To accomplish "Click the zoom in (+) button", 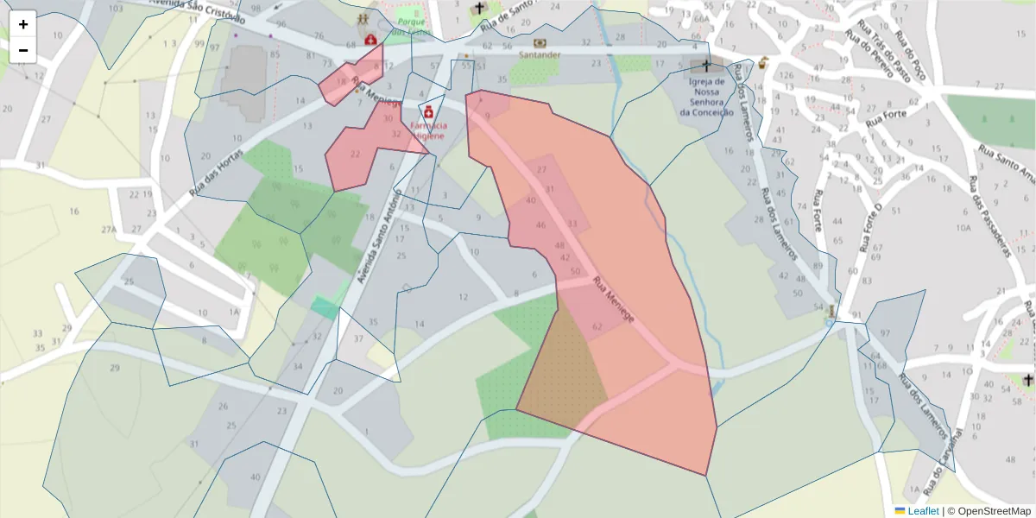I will click(22, 24).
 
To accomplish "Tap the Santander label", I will click(540, 55).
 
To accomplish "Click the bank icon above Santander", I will click(540, 42).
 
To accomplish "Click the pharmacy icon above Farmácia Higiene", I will click(428, 111).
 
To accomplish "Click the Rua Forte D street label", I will click(869, 229).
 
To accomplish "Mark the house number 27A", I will click(108, 230).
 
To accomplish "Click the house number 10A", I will click(963, 227).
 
